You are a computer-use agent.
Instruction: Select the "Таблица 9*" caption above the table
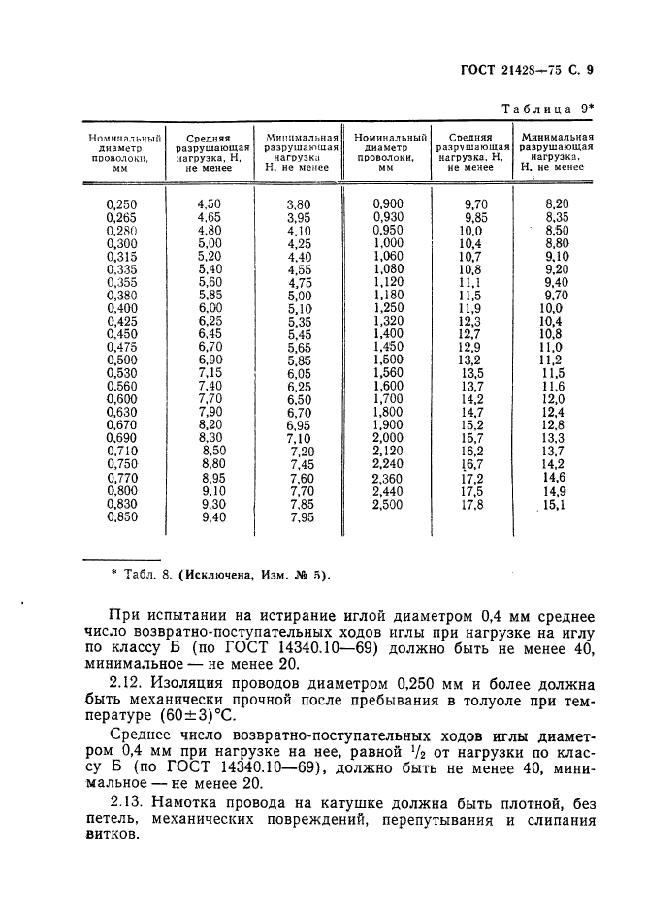[546, 109]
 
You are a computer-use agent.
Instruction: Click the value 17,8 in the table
[472, 505]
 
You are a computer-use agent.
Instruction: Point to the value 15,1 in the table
[554, 505]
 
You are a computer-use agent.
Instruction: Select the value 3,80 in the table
[299, 204]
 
